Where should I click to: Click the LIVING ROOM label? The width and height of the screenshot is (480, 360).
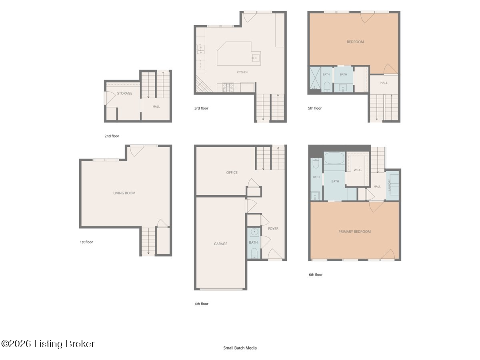pos(124,193)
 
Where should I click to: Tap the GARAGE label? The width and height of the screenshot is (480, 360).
pos(220,244)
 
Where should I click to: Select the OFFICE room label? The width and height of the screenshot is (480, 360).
pos(232,172)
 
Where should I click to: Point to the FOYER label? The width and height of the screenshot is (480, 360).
pos(273,228)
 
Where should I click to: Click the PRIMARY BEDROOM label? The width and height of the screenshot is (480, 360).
pos(354,232)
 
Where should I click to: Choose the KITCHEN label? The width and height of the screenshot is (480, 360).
pos(242,72)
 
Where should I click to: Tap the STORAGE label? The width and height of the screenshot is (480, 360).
pos(125,93)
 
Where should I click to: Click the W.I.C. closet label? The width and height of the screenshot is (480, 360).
pos(358,170)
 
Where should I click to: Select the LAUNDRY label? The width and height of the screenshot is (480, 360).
pos(389,185)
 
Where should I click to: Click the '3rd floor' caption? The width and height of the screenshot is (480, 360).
pos(201,108)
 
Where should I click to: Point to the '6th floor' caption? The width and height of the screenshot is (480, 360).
pos(316,274)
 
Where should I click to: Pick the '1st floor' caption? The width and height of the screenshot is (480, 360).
pos(86,242)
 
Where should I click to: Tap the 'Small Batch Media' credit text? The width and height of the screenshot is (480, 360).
pos(240,348)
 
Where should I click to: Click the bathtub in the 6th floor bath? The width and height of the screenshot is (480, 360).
pos(334,158)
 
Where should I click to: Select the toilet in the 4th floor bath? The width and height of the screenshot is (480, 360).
pos(254,253)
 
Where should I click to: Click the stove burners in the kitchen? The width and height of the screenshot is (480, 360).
pos(228,88)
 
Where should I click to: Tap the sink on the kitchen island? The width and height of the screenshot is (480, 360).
pos(256,58)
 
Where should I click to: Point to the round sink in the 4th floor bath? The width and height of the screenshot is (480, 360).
pos(254,232)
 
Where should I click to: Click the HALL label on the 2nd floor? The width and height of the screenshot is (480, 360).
pos(156,106)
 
